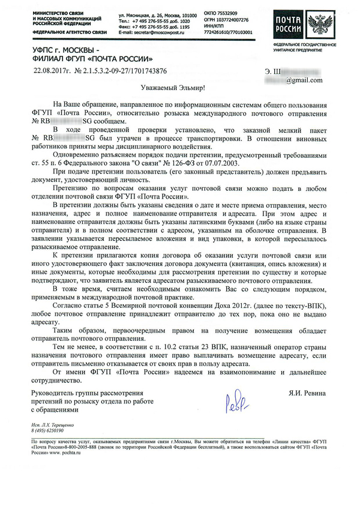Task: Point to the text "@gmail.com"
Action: click(304, 80)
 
